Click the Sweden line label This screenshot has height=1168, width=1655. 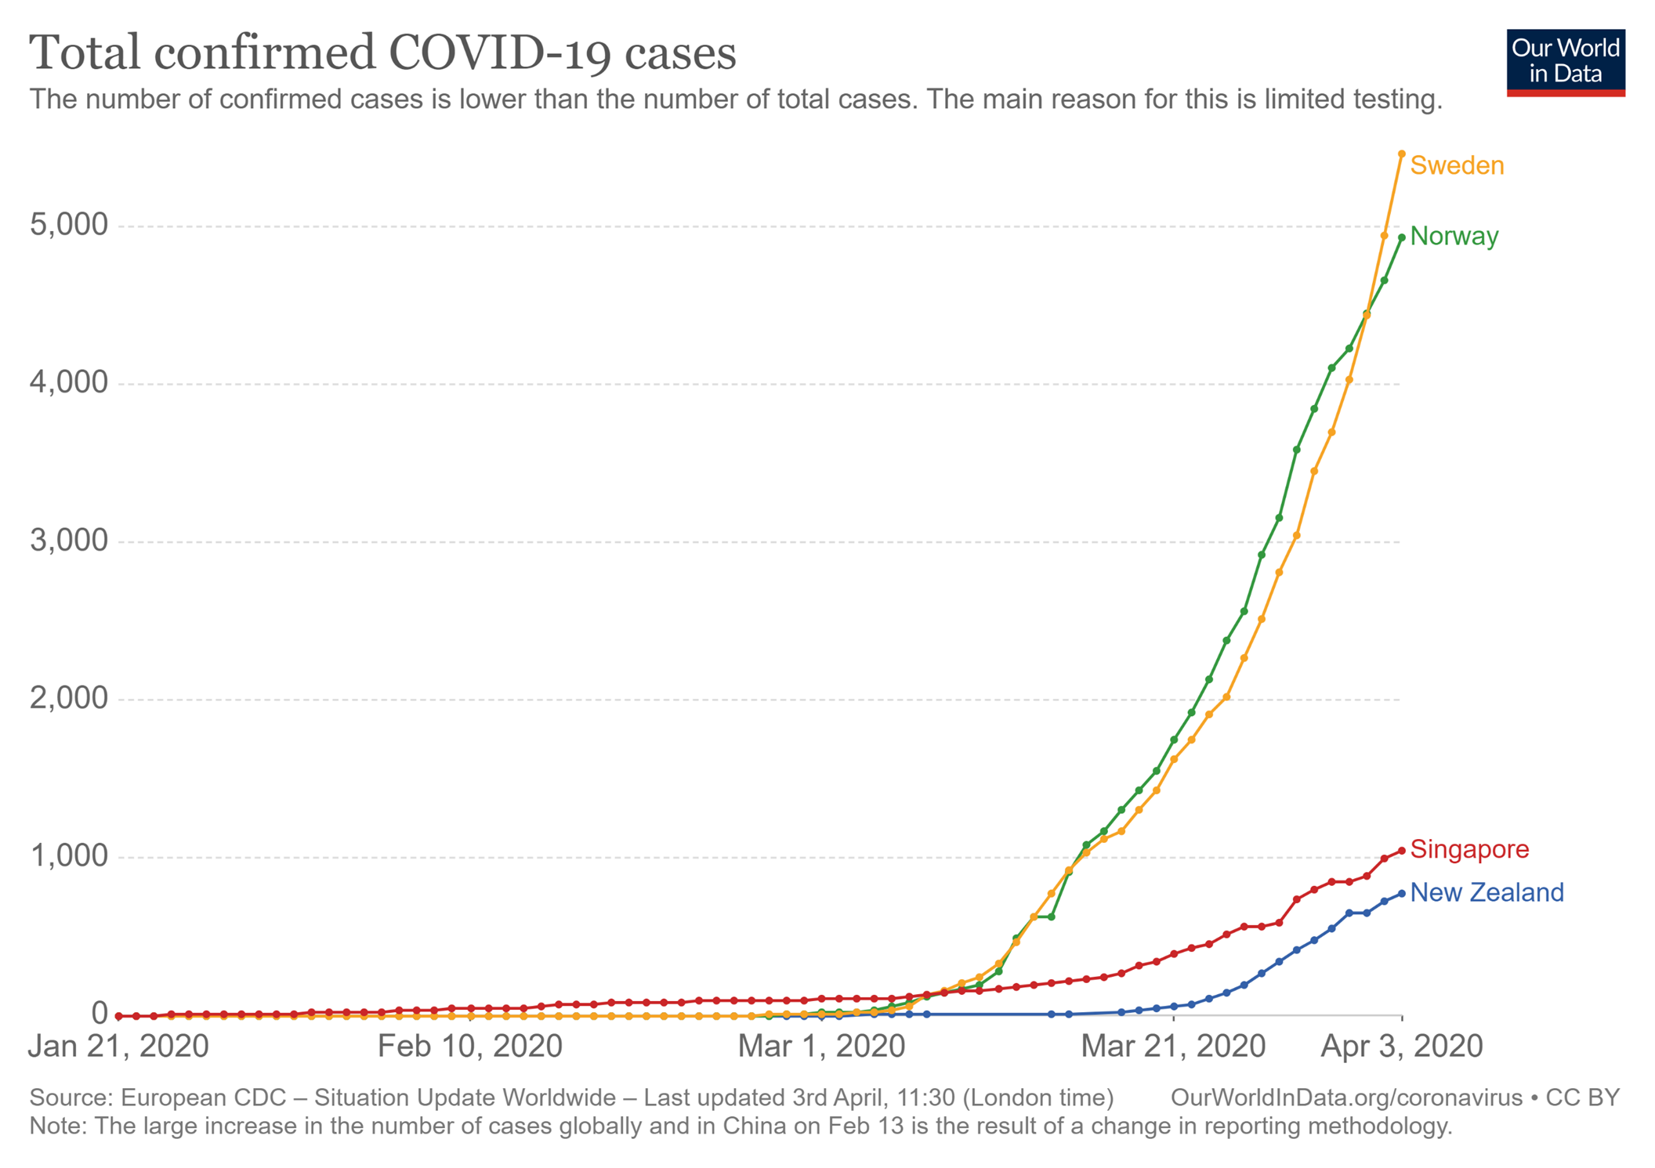[1456, 166]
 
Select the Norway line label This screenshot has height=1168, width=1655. [1454, 236]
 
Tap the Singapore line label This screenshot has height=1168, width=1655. [1468, 849]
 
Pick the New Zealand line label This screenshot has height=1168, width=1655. [1486, 892]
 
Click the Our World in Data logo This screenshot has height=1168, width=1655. [1565, 63]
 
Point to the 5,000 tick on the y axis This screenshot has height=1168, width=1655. [68, 225]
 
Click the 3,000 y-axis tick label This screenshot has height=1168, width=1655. [68, 541]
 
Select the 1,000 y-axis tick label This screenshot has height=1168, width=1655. [68, 855]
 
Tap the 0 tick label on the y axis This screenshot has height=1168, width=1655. [99, 1013]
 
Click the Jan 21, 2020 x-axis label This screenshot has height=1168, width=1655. [118, 1047]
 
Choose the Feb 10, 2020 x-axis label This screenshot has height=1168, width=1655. [469, 1047]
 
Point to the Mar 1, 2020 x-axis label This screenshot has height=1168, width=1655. [820, 1047]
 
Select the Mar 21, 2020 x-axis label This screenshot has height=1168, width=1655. [1172, 1047]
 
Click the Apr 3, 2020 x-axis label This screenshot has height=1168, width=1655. [1401, 1047]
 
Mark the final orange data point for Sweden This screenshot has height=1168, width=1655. [1401, 154]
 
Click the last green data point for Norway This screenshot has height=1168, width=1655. [1401, 237]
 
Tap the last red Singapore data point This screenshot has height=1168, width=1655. [1401, 851]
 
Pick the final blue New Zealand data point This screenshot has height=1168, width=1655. [1401, 894]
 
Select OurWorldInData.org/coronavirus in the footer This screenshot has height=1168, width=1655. [1345, 1097]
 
